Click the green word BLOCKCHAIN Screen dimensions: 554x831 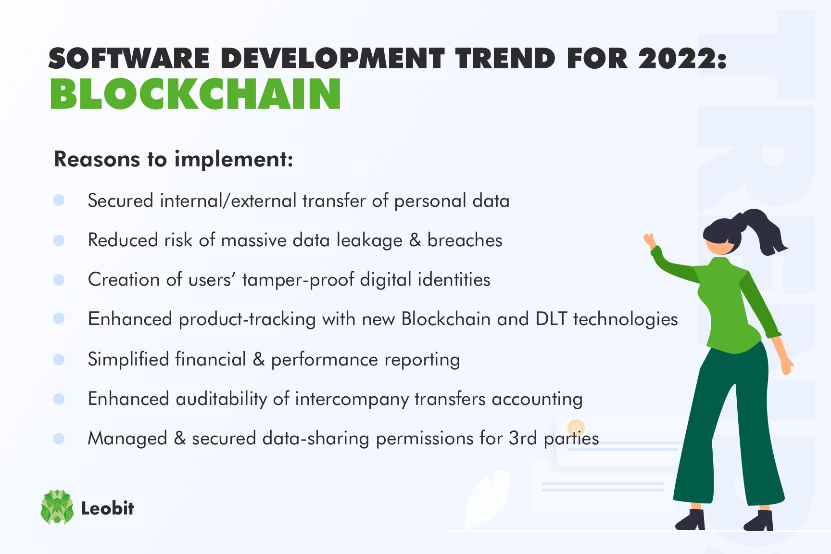point(195,94)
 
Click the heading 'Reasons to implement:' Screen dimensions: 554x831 point(174,159)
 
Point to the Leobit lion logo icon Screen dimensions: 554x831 point(57,507)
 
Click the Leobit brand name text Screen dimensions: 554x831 point(107,508)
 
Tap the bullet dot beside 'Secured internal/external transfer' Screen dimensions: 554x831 point(59,200)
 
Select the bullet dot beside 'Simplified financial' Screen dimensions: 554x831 point(59,359)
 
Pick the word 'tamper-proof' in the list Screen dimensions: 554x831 point(298,280)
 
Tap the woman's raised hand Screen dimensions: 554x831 point(650,240)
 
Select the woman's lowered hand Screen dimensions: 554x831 point(787,365)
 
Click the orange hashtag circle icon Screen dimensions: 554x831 point(576,427)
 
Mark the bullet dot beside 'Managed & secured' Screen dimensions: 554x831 point(59,438)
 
